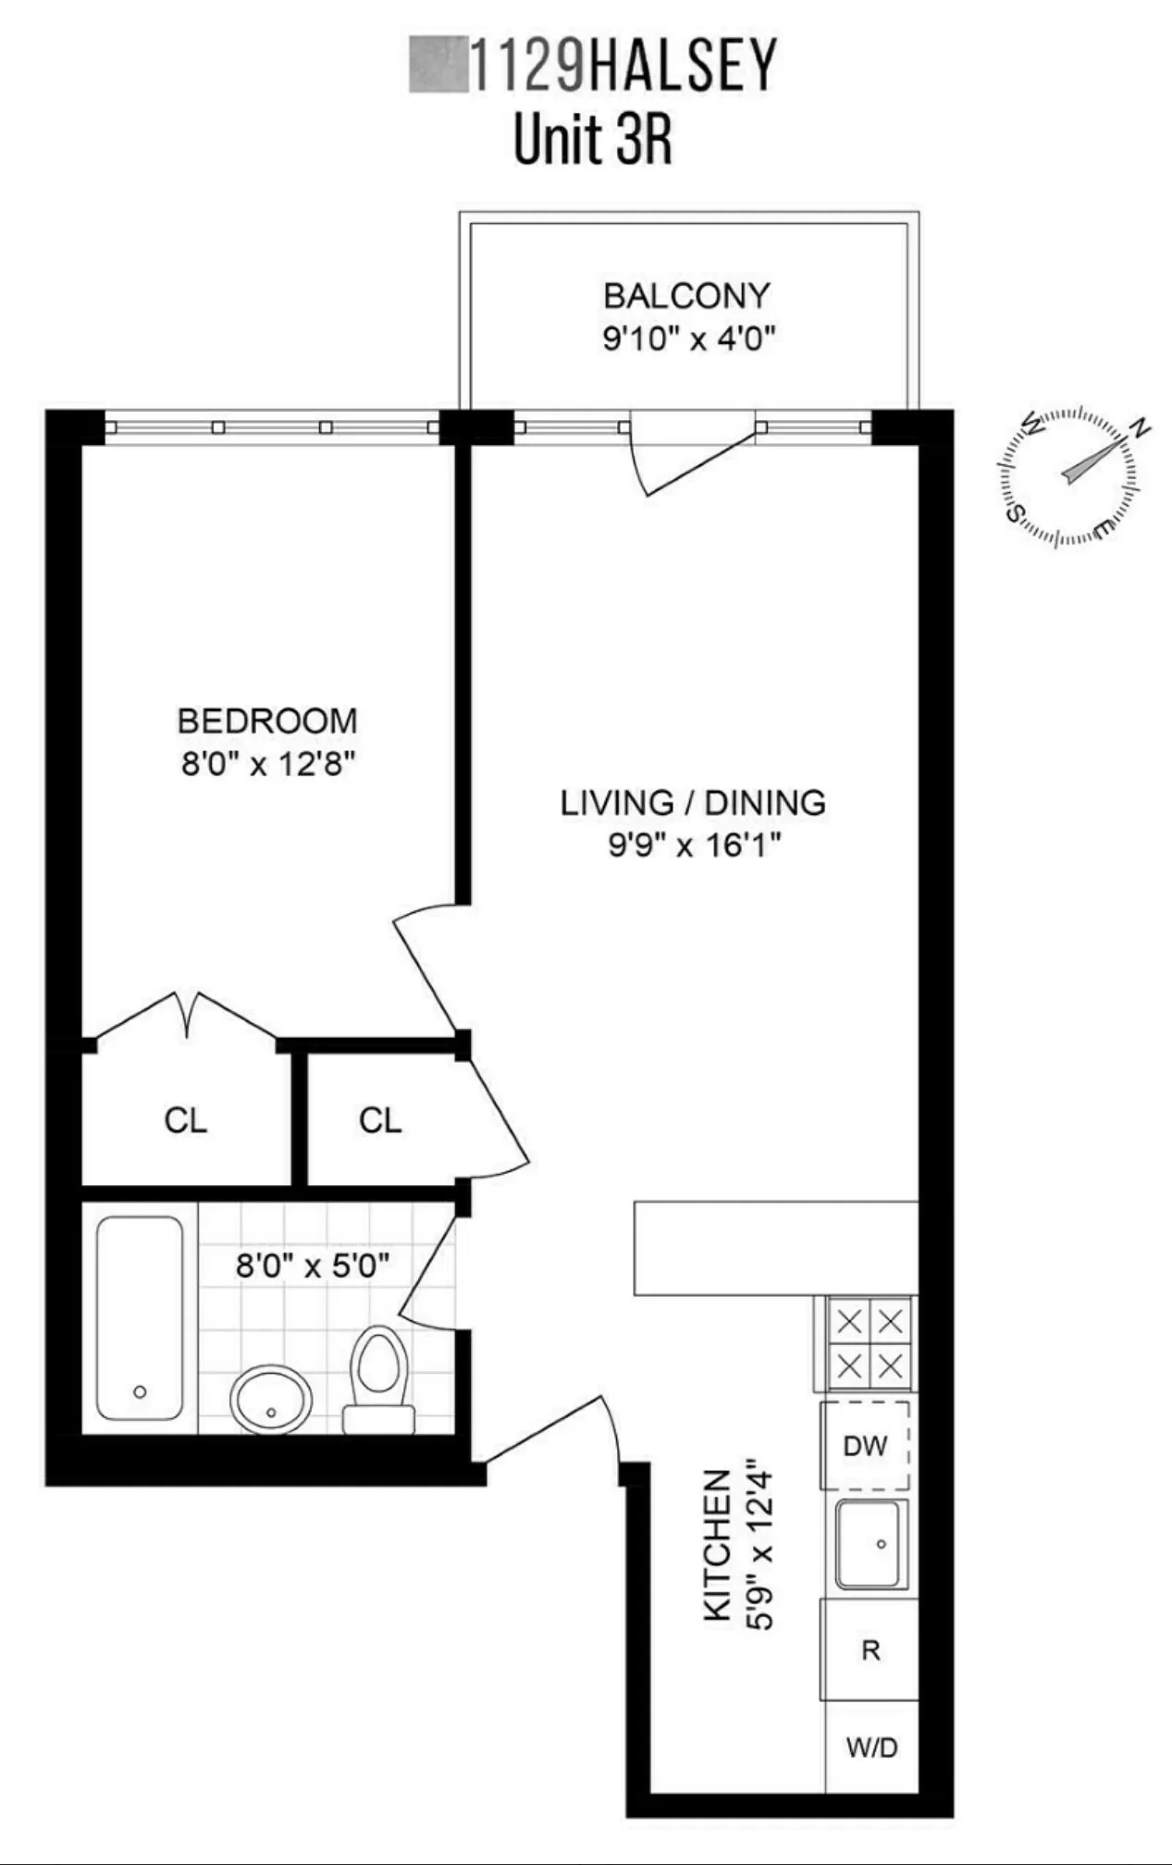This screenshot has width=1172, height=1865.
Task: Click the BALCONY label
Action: [x=686, y=296]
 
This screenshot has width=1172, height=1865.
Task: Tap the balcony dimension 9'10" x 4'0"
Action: [x=687, y=339]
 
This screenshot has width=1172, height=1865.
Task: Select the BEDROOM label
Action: [x=267, y=721]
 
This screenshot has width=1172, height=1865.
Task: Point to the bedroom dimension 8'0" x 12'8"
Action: [x=267, y=765]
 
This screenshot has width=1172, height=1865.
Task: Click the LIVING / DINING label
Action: [x=693, y=802]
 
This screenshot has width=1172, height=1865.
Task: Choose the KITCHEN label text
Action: [x=719, y=1545]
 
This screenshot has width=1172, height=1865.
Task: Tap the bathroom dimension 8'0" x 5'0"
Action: [x=312, y=1265]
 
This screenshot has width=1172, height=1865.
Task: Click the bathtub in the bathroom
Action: [x=140, y=1317]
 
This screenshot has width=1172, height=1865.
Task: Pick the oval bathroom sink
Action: [x=270, y=1400]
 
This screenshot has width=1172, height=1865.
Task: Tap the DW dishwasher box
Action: [x=866, y=1445]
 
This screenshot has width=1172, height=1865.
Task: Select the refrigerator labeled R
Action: [x=870, y=1649]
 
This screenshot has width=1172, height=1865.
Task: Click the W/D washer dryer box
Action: [x=871, y=1747]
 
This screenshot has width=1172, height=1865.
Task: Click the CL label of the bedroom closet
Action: [x=186, y=1120]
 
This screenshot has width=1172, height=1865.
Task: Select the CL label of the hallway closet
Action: [x=380, y=1120]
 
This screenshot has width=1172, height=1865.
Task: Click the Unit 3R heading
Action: [x=592, y=141]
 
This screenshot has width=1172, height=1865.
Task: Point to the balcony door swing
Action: [x=689, y=458]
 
